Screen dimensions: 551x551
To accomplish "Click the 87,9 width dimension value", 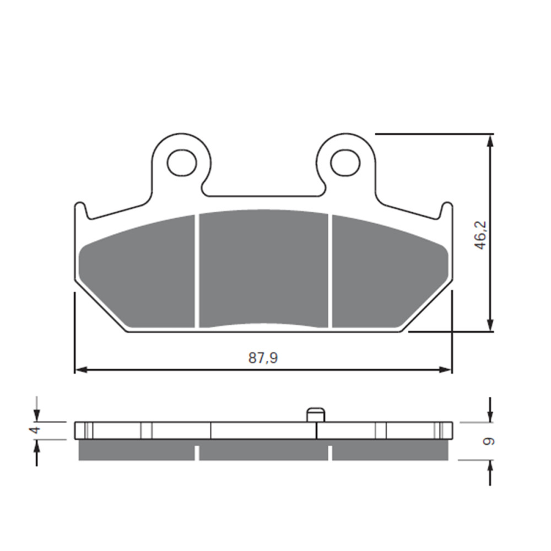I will pyautogui.click(x=263, y=358).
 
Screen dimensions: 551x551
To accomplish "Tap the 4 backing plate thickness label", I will pyautogui.click(x=35, y=430).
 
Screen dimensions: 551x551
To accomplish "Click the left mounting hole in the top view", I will pyautogui.click(x=181, y=163).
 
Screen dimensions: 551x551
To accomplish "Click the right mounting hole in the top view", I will pyautogui.click(x=345, y=163).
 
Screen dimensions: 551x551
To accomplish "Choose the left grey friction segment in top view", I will pyautogui.click(x=141, y=275).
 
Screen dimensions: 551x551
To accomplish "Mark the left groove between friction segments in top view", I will pyautogui.click(x=197, y=270).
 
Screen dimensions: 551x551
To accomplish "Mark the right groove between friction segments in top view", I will pyautogui.click(x=330, y=270).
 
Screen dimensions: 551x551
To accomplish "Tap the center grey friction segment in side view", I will pyautogui.click(x=263, y=452).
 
